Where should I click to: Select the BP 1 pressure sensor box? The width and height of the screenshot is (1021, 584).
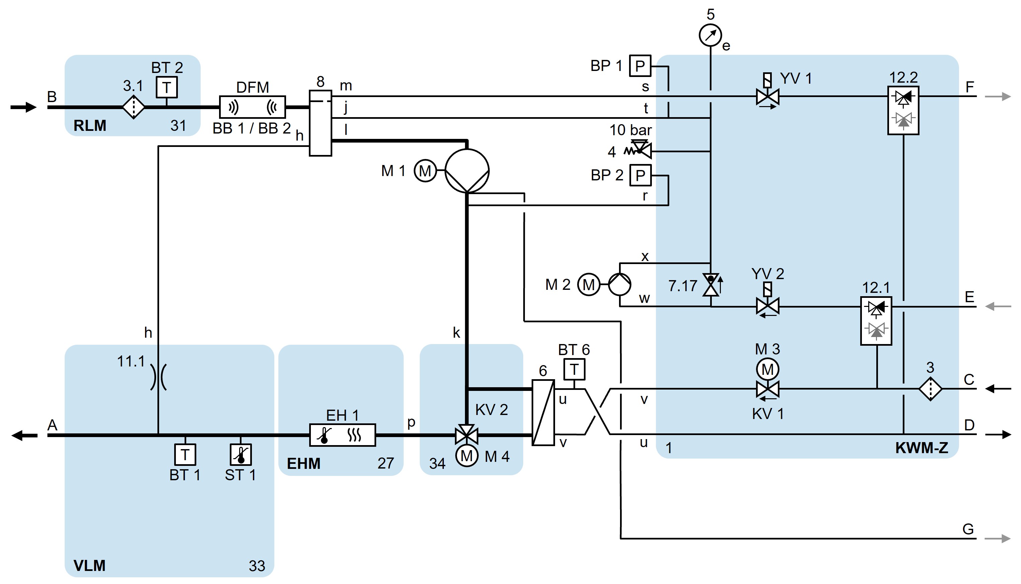click(640, 65)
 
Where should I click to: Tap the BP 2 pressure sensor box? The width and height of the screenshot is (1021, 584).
click(640, 175)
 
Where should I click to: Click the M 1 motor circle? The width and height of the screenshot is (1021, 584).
click(425, 171)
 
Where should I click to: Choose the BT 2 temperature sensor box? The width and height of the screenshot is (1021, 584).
click(166, 87)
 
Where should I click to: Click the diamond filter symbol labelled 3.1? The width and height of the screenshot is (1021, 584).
click(133, 107)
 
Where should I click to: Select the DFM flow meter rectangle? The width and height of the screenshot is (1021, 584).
click(253, 107)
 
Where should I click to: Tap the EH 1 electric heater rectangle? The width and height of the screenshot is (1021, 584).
click(342, 435)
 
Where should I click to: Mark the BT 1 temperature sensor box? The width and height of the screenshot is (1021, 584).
click(185, 454)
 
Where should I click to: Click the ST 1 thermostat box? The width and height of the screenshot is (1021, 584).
click(241, 454)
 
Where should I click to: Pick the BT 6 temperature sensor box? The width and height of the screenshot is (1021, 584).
click(574, 369)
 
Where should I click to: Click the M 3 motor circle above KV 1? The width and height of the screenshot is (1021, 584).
click(767, 369)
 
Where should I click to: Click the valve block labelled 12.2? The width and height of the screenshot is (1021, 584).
click(903, 110)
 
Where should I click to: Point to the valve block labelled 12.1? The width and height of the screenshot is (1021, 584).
click(876, 321)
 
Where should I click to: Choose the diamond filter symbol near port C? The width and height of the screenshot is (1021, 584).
click(930, 388)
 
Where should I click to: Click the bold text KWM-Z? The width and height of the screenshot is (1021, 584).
click(922, 448)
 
